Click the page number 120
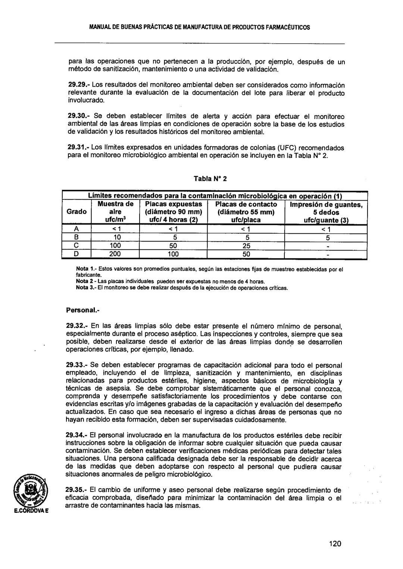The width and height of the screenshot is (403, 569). click(x=335, y=544)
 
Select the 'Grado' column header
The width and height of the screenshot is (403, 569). click(x=76, y=212)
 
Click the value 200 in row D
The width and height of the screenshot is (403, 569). click(x=115, y=254)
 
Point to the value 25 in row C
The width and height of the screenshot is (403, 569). click(x=246, y=246)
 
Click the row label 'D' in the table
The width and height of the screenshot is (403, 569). click(x=76, y=254)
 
